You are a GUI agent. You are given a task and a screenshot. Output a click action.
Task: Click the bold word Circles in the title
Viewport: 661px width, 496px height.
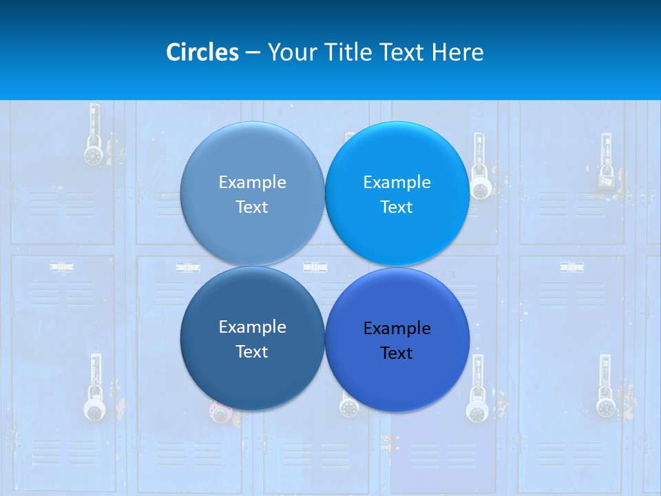(202, 52)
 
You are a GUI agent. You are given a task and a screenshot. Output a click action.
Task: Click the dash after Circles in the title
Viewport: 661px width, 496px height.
(253, 52)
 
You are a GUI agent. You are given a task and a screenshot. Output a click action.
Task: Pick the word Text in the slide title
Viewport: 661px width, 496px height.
(402, 52)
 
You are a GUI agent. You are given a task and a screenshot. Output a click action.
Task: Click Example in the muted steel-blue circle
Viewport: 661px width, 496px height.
(252, 182)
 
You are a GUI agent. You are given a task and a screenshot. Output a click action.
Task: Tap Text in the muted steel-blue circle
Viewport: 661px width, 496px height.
(252, 207)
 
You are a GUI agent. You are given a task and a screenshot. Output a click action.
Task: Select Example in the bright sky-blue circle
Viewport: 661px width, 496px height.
(397, 182)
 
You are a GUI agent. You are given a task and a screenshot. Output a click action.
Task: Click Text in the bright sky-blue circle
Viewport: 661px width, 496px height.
(397, 207)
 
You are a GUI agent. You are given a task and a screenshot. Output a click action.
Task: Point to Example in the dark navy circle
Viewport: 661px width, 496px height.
(252, 327)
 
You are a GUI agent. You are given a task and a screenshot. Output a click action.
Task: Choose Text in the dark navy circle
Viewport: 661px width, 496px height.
(252, 351)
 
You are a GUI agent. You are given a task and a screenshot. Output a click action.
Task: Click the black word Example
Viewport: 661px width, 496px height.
(397, 328)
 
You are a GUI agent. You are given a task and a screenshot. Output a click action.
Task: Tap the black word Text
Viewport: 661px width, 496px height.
(397, 353)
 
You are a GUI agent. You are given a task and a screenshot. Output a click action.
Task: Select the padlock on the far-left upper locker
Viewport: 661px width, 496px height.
(93, 153)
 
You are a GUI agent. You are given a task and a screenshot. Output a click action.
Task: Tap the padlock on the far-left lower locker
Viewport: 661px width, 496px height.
(95, 409)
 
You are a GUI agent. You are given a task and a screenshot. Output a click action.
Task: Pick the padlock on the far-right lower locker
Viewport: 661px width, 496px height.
(605, 406)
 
